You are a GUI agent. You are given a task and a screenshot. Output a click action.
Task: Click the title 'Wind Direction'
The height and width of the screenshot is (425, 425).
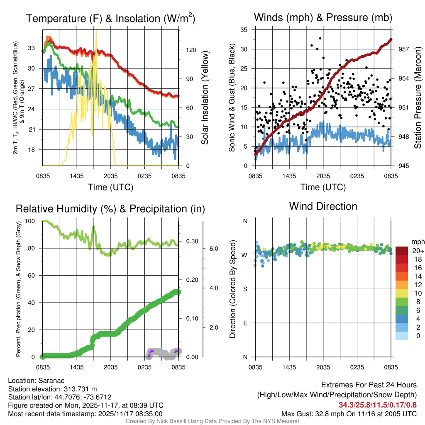point(323,206)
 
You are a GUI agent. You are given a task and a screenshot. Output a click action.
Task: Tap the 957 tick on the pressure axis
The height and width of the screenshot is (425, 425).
point(404,49)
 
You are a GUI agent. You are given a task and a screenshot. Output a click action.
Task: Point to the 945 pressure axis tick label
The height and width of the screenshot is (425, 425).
point(404,166)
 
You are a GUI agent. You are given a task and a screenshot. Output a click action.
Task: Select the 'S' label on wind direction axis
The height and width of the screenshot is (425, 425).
point(245,289)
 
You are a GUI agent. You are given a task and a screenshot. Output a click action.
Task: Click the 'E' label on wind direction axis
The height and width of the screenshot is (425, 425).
point(245,323)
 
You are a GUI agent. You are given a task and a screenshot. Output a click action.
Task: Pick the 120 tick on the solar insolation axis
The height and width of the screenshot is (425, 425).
point(191,50)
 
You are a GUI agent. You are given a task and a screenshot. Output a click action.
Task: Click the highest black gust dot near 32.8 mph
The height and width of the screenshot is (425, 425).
point(320,38)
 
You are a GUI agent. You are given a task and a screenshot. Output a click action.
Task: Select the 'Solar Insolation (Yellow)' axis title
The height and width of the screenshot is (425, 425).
point(205,98)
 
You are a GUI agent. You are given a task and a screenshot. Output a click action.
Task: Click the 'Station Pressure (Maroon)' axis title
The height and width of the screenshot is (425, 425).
point(418,98)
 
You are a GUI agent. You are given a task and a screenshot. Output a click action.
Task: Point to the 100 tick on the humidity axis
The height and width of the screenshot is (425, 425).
point(33,221)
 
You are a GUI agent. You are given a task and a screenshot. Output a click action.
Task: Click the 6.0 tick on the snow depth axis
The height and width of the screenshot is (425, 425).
point(214,249)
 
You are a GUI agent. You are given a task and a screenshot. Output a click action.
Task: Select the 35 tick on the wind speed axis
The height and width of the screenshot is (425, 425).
point(244,29)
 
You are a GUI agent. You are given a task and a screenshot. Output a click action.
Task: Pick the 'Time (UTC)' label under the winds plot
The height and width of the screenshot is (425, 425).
point(323,187)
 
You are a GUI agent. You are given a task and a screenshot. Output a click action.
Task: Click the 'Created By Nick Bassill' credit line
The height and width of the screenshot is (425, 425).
point(212,421)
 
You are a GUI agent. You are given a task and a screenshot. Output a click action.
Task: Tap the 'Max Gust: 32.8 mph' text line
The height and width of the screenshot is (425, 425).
point(349,414)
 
